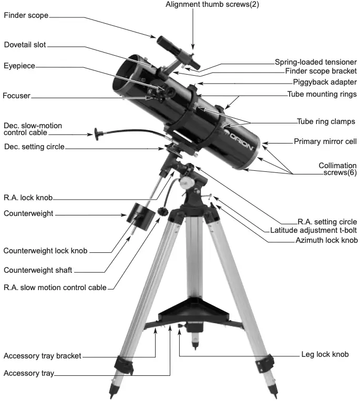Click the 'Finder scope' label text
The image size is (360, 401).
(26, 15)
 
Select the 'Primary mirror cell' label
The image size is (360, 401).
(325, 141)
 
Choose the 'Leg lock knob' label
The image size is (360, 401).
(325, 354)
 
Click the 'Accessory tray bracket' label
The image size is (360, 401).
(42, 356)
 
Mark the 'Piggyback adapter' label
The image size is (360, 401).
(325, 82)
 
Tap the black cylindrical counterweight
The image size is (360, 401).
(137, 212)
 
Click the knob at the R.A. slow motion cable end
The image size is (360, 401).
(163, 212)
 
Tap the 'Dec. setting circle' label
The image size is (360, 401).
(34, 147)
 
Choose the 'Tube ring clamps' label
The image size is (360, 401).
(326, 121)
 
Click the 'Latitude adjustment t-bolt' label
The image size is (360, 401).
(313, 231)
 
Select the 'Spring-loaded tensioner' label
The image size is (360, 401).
(316, 62)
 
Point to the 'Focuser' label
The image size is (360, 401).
(16, 96)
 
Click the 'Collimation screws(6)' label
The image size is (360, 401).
(337, 169)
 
